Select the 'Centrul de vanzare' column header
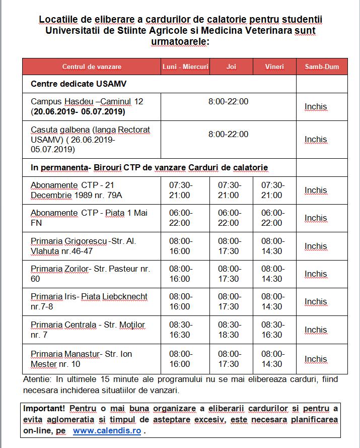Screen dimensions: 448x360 92,67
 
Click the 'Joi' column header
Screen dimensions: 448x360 231,67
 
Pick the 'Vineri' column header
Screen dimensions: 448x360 274,67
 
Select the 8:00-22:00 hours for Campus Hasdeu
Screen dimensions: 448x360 228,101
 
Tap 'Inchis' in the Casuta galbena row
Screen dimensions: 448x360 316,139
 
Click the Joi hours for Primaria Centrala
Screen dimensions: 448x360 229,330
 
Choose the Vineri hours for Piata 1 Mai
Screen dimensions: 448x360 272,218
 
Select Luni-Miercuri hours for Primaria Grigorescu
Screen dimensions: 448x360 180,246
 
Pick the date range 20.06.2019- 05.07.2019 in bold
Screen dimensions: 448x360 78,111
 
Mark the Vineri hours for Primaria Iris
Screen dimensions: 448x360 272,301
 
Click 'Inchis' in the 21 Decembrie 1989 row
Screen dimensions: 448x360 316,190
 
